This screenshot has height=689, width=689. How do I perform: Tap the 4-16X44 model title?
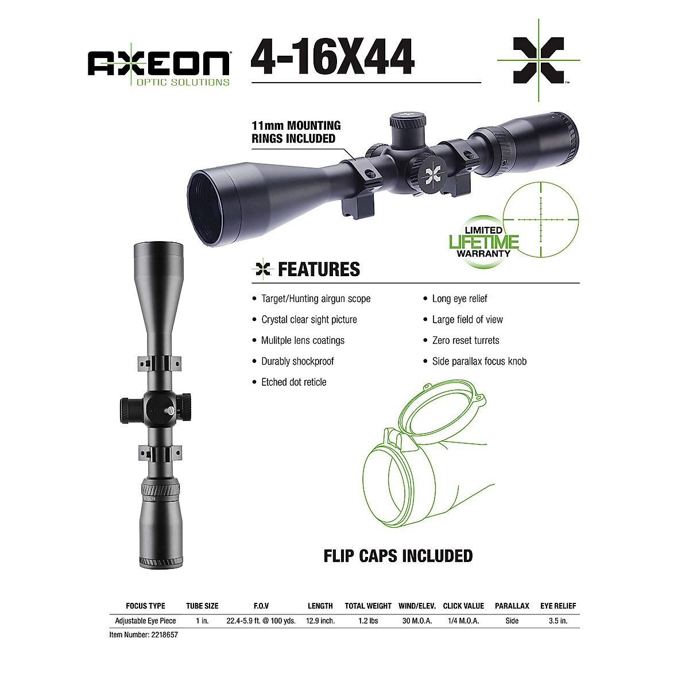332,57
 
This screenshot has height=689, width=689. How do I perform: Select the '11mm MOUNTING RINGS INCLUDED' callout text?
296,132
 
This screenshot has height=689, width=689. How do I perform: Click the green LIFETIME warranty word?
483,242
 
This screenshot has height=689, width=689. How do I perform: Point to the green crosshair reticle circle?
540,219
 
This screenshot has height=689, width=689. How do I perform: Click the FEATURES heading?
319,269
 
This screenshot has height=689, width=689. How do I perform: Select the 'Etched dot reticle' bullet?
293,382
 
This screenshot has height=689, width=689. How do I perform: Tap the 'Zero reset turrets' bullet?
465,340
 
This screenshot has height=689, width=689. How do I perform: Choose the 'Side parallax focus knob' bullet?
479,362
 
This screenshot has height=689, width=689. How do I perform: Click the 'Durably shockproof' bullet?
297,362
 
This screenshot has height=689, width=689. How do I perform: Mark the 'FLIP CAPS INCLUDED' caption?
398,556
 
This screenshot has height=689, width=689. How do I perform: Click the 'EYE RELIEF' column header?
558,606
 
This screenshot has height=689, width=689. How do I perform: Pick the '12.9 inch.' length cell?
320,621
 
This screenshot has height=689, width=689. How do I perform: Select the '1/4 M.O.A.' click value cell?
463,621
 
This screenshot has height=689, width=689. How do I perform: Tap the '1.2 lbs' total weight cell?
368,621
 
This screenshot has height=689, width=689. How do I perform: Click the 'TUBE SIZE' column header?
202,606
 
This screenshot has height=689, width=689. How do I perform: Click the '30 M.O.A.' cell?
417,621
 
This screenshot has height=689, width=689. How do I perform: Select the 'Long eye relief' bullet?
459,299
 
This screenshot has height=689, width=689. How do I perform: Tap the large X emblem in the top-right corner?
538,60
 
